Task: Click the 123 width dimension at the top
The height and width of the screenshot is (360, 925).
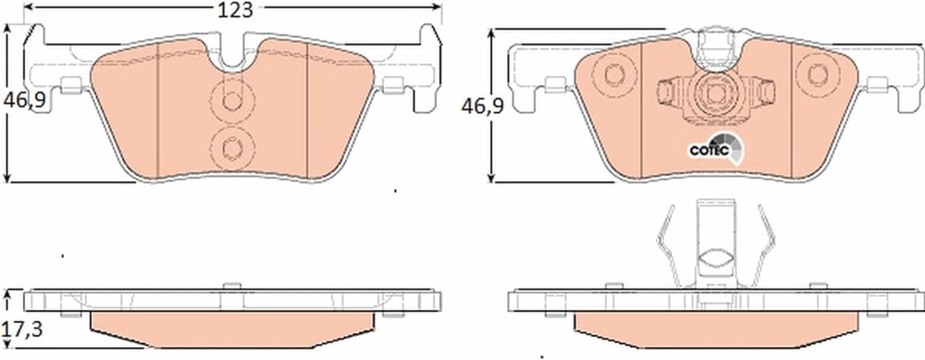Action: tap(235, 10)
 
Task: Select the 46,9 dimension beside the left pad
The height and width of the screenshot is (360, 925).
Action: tap(25, 101)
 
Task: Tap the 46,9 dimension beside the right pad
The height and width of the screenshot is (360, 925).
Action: tap(483, 106)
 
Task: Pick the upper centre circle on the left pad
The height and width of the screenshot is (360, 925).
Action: tap(232, 102)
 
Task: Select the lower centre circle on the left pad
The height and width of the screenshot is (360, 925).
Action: tap(232, 147)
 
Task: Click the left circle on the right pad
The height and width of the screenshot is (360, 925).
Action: tap(613, 75)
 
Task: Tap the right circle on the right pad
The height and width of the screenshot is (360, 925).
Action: tap(818, 74)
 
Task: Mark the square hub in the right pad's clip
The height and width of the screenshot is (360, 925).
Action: tap(716, 93)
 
